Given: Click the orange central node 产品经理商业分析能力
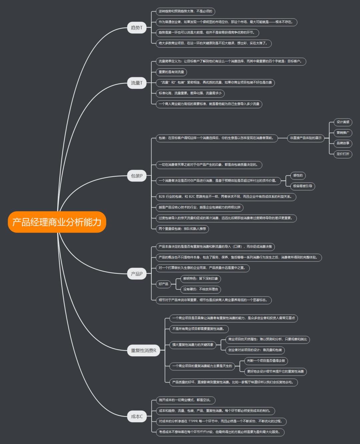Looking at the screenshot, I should (x=57, y=222).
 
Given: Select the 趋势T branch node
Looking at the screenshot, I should (x=137, y=28).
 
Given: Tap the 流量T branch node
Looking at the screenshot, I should (x=137, y=83).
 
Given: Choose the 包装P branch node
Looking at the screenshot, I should (x=137, y=176).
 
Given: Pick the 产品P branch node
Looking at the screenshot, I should (x=137, y=274).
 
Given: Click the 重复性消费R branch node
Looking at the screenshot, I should (x=143, y=351).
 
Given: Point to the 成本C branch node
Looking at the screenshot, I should (x=137, y=416).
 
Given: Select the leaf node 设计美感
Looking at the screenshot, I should (x=343, y=122).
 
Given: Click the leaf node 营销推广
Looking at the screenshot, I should (x=343, y=133).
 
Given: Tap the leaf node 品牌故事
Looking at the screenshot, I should (x=343, y=143).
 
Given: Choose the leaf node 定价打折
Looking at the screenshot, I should (x=343, y=154).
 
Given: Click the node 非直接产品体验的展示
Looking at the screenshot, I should (x=306, y=138).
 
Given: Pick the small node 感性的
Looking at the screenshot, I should (x=298, y=175).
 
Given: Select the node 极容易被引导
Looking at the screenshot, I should (x=302, y=186).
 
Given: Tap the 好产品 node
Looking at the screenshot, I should (x=163, y=284).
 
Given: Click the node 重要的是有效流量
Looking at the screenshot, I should (x=171, y=72).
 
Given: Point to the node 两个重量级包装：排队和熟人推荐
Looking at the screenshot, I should (x=182, y=229).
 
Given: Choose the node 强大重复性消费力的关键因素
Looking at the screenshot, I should (x=193, y=345).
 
